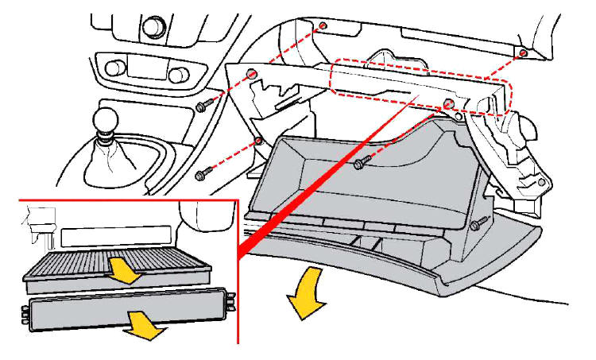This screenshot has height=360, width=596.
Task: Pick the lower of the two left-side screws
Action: point(202,174)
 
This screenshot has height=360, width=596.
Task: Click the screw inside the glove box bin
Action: point(361,163)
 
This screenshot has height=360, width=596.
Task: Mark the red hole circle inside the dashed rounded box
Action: point(450,103)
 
